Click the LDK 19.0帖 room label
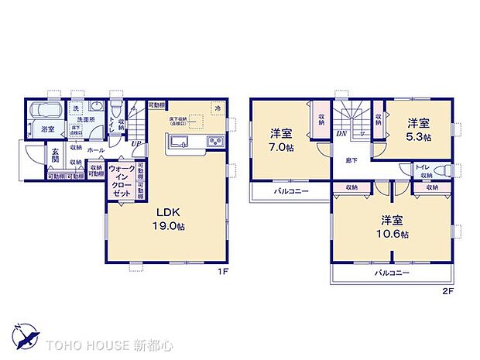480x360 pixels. tap(169, 218)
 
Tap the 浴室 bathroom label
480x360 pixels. tap(48, 129)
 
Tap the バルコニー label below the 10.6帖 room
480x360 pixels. tap(393, 273)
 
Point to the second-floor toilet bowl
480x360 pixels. tap(445, 172)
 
